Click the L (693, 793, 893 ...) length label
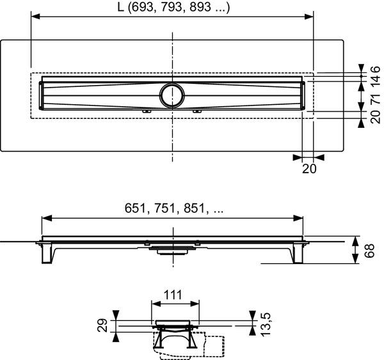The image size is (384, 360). coord(172,8)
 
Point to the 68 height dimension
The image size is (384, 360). coord(369,250)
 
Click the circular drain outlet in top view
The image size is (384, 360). coord(172,94)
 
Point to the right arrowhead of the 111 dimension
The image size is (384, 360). coord(196,304)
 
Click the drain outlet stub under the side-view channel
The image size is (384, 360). coord(172,250)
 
